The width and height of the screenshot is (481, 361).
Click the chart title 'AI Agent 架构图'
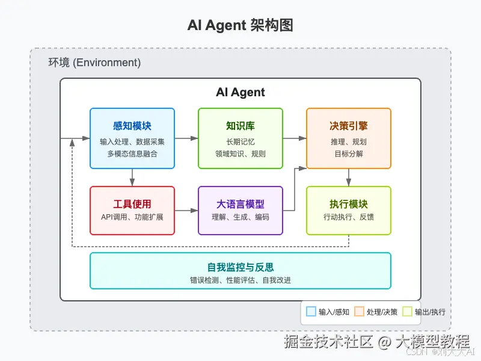pos(240,26)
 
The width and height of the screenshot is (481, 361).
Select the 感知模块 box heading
pos(132,126)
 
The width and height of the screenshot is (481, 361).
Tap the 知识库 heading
pos(240,126)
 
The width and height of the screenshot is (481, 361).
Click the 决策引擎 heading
pos(349,126)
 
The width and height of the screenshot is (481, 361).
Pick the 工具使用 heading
pos(132,205)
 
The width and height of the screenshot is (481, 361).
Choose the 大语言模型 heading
pos(240,205)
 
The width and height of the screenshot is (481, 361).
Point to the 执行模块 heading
pos(349,205)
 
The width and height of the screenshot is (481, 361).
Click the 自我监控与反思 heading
pos(240,267)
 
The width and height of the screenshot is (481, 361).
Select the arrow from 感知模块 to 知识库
pos(186,138)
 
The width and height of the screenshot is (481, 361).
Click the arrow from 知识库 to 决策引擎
pos(295,138)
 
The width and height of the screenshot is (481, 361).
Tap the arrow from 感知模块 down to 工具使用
pos(132,177)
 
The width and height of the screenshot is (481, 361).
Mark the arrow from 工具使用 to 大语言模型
pos(186,211)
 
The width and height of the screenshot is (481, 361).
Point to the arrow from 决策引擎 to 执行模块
pos(349,177)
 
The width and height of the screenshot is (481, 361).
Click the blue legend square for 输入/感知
pos(311,312)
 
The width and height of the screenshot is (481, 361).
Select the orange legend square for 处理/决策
pos(359,312)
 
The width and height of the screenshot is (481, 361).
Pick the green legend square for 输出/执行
pos(407,312)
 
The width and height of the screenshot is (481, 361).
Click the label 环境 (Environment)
pos(94,63)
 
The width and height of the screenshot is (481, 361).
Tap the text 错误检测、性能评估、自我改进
pos(240,280)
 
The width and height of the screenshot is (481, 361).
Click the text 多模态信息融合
pos(132,153)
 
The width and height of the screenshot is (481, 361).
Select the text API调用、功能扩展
pos(132,217)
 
